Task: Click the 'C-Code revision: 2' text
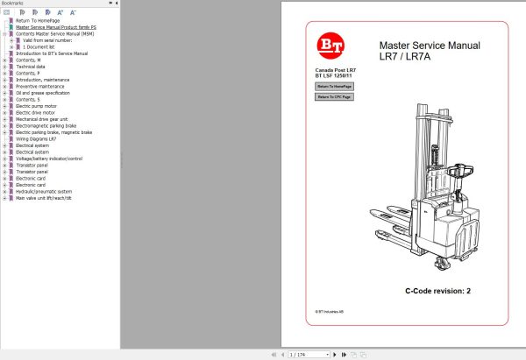[x=437, y=291]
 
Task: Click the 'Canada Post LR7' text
[x=335, y=69]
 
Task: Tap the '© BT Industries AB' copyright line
[x=331, y=311]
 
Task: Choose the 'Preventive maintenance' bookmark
[x=40, y=86]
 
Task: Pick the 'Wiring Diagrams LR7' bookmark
[x=36, y=138]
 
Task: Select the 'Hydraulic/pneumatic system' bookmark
[x=43, y=191]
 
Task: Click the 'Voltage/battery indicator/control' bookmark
[x=49, y=159]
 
